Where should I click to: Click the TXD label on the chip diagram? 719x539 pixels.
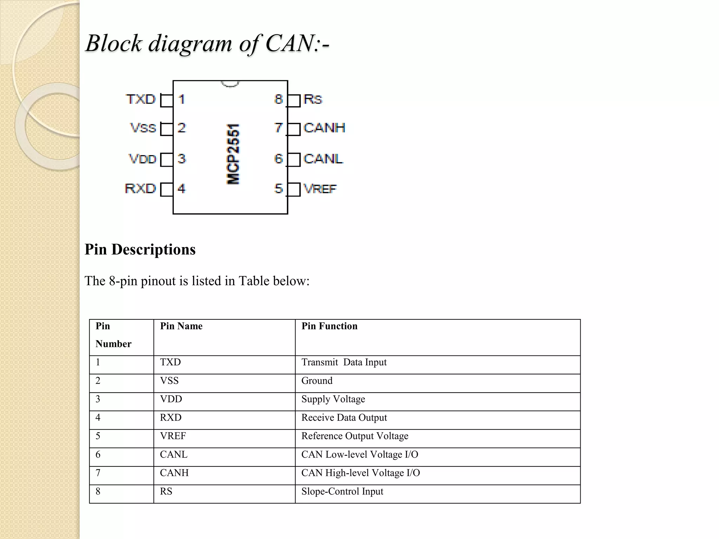pos(140,99)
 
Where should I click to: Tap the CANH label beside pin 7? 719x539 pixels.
pos(324,128)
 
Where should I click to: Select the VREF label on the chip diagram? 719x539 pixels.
pos(320,189)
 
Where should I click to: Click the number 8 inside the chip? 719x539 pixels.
pos(278,99)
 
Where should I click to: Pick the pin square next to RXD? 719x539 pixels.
pos(166,189)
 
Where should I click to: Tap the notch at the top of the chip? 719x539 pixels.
pos(230,84)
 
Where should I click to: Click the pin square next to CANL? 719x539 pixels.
pos(294,160)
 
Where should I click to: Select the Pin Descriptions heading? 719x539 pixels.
pos(140,249)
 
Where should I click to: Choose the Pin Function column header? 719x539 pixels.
pos(329,326)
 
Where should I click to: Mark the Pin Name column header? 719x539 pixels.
pos(181,326)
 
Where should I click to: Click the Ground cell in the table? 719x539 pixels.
pos(317,381)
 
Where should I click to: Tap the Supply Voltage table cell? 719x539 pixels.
pos(333,399)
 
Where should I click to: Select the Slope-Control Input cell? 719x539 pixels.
pos(342,492)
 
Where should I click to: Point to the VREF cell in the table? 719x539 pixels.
pos(173,436)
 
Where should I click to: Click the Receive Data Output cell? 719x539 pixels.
pos(344,418)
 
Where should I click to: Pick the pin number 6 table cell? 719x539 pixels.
pos(98,455)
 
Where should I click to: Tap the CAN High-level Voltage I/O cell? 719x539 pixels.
pos(361,473)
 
